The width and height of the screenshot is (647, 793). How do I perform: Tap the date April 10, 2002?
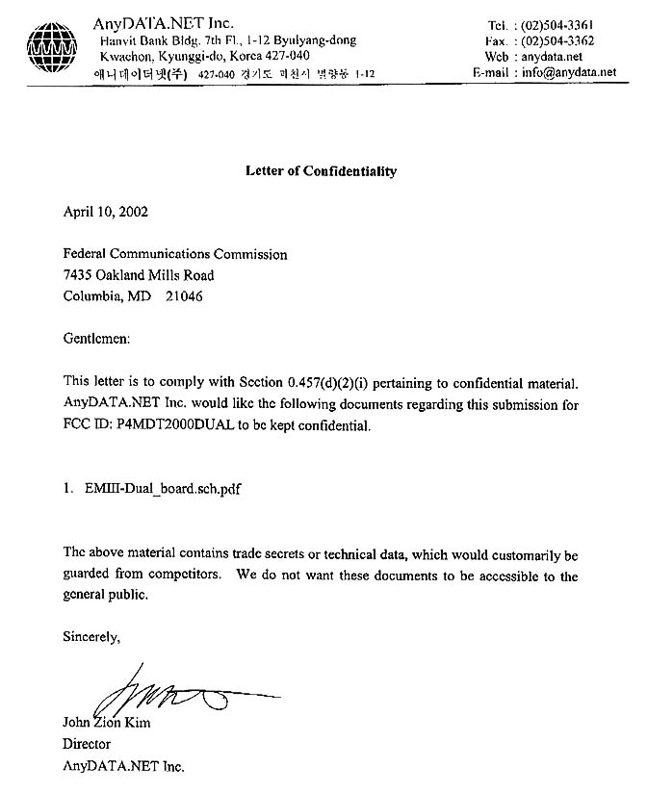[106, 213]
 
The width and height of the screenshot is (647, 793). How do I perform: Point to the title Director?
[87, 744]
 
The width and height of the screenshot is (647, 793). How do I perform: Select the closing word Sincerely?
[91, 637]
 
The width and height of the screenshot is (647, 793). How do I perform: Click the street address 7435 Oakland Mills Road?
[139, 275]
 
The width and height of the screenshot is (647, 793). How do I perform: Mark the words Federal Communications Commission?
[174, 255]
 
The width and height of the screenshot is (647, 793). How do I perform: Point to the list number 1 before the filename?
[68, 489]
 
